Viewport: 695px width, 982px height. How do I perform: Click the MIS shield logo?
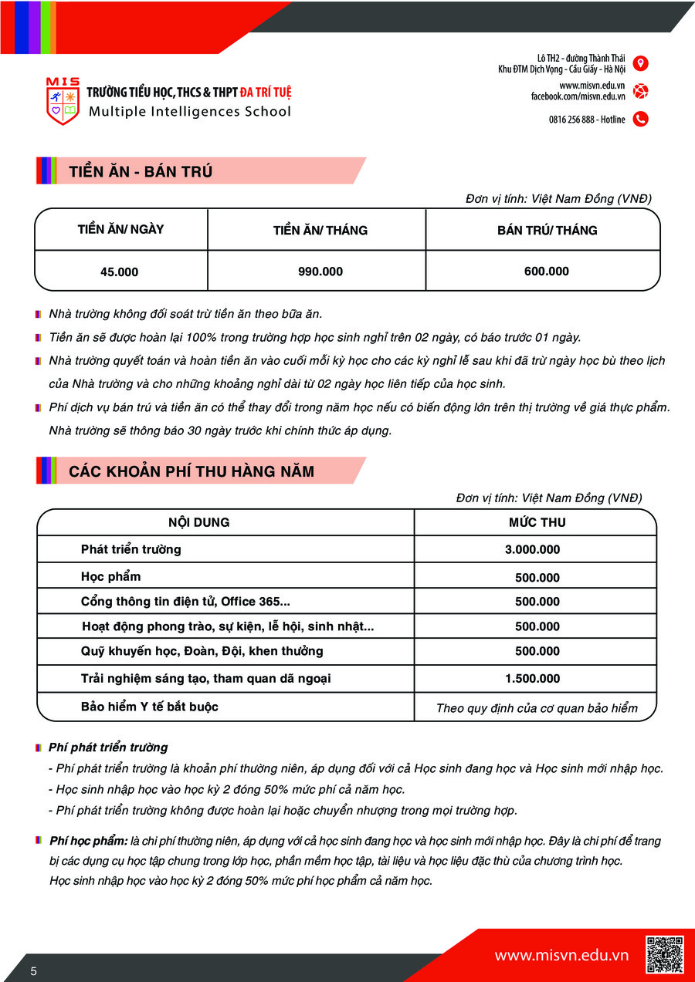click(x=63, y=101)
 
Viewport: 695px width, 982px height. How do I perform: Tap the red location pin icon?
click(x=640, y=63)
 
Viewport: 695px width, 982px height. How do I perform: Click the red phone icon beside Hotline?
click(x=640, y=119)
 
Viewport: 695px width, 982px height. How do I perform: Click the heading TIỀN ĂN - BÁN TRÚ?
click(x=141, y=171)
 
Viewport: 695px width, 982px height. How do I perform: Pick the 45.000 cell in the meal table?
click(x=120, y=272)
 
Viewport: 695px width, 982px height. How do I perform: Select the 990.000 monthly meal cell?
click(x=320, y=272)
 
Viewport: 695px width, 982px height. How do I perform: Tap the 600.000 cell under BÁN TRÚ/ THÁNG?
click(x=546, y=271)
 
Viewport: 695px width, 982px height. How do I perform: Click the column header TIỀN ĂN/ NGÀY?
click(x=120, y=229)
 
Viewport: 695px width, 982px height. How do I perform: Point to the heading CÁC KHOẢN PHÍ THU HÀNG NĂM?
click(x=192, y=471)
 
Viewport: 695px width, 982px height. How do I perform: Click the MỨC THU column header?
click(x=537, y=522)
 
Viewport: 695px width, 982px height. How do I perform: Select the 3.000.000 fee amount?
click(x=532, y=550)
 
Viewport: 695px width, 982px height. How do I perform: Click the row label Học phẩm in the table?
click(x=111, y=576)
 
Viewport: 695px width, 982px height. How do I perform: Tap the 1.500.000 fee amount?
click(x=532, y=679)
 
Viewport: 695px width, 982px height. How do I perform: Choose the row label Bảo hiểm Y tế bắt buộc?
click(x=150, y=707)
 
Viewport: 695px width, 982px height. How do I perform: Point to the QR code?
click(x=664, y=955)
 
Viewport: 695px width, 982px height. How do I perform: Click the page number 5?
click(x=34, y=970)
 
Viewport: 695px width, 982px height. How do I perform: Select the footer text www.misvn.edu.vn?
click(x=561, y=956)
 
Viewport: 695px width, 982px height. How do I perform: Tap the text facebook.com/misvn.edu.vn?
click(x=578, y=96)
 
